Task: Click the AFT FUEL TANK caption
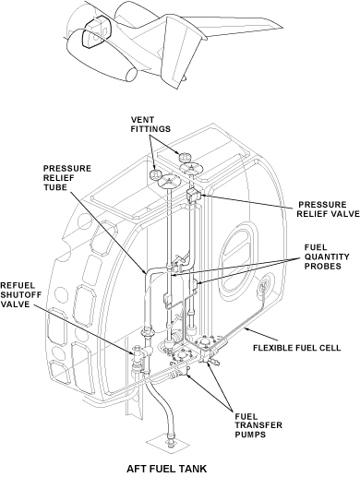pos(166,469)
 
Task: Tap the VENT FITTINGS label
pos(150,124)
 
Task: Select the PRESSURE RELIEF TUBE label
pos(67,178)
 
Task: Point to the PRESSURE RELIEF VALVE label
pos(328,209)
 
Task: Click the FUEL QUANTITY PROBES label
pos(327,256)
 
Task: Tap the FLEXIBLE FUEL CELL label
pos(297,348)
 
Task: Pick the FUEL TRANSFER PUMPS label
pos(258,425)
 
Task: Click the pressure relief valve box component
pos(193,195)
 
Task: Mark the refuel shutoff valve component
pos(139,353)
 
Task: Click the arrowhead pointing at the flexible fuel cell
pos(246,329)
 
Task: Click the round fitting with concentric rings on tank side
pos(265,287)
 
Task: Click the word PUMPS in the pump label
pos(250,435)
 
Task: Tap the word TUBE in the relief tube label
pos(54,187)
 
